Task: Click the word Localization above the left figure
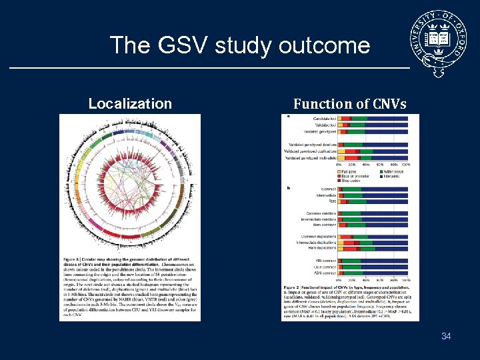point(130,103)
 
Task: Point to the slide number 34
point(446,336)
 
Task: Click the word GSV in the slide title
point(182,45)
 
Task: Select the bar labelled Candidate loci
point(373,118)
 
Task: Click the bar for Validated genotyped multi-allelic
point(373,159)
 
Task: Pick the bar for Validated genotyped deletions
point(373,145)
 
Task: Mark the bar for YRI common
point(373,261)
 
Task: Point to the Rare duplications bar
point(373,248)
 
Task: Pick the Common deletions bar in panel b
point(373,213)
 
